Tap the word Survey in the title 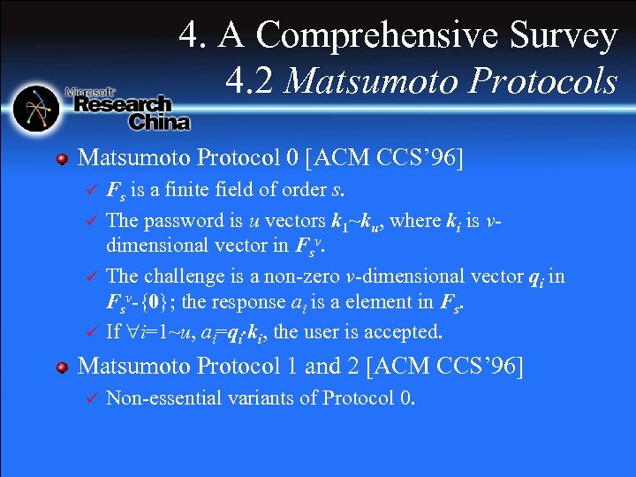pos(562,36)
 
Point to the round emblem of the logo pos(36,108)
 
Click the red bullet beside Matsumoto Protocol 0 pos(62,159)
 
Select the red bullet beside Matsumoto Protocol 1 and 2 pos(62,366)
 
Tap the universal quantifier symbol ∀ pos(127,333)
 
